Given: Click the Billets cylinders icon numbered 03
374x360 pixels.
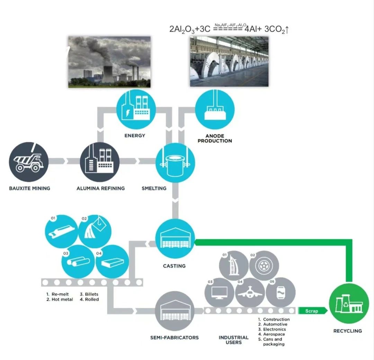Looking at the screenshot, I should (78, 262).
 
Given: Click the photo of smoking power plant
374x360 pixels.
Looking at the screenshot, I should (109, 61).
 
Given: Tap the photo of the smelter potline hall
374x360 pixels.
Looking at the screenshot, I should (229, 61).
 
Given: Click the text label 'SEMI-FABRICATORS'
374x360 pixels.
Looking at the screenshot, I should (175, 337).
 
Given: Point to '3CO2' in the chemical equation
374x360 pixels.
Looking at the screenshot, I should (277, 30).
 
